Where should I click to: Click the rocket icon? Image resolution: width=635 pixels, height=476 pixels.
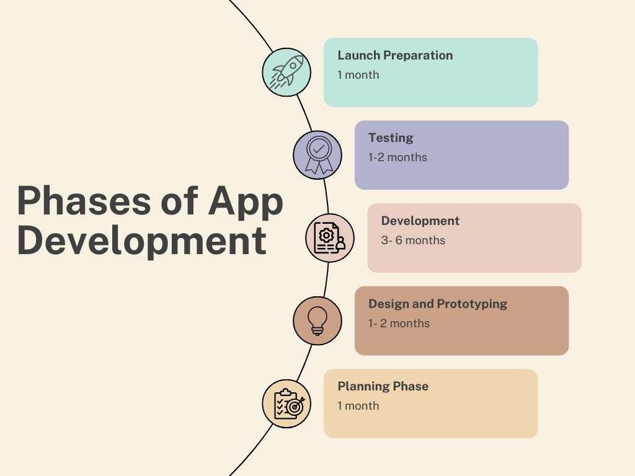286,72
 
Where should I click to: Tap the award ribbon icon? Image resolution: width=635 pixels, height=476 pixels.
317,155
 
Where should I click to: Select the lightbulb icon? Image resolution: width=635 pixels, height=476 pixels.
317,320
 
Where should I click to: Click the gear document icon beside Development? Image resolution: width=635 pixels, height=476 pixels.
330,238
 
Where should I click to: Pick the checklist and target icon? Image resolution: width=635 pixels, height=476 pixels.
286,403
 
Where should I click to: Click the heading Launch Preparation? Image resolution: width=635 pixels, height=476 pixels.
395,55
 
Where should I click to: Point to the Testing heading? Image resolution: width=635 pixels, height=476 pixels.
391,138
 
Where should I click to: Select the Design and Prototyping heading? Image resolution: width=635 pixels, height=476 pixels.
438,304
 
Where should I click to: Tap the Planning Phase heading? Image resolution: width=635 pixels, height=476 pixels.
383,386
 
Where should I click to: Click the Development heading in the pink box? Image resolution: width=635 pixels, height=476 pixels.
420,221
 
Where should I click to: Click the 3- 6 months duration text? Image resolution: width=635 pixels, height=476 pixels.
413,240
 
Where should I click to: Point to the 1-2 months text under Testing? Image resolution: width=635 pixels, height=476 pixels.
397,157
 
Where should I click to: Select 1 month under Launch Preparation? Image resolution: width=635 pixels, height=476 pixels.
358,75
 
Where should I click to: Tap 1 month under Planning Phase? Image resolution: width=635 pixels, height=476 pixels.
358,406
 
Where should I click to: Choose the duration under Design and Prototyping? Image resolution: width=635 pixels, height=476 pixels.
399,324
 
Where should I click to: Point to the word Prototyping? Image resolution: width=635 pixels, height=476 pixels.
472,304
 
